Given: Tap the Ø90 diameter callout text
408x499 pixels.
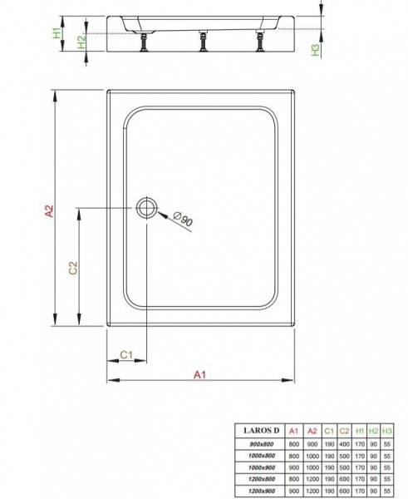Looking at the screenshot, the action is (x=183, y=219).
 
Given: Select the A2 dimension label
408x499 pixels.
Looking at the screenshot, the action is (x=49, y=211).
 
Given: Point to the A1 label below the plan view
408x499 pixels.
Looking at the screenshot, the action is (x=199, y=374).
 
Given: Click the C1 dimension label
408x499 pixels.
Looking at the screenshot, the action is (x=126, y=354).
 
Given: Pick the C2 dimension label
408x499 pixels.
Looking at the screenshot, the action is (x=73, y=268).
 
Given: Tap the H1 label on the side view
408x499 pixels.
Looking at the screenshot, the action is (x=57, y=33).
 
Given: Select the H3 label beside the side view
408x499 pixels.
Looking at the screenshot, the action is (x=315, y=50).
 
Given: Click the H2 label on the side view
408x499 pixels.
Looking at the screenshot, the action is (x=81, y=42).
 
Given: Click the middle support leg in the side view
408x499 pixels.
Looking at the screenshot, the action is (x=202, y=41).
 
